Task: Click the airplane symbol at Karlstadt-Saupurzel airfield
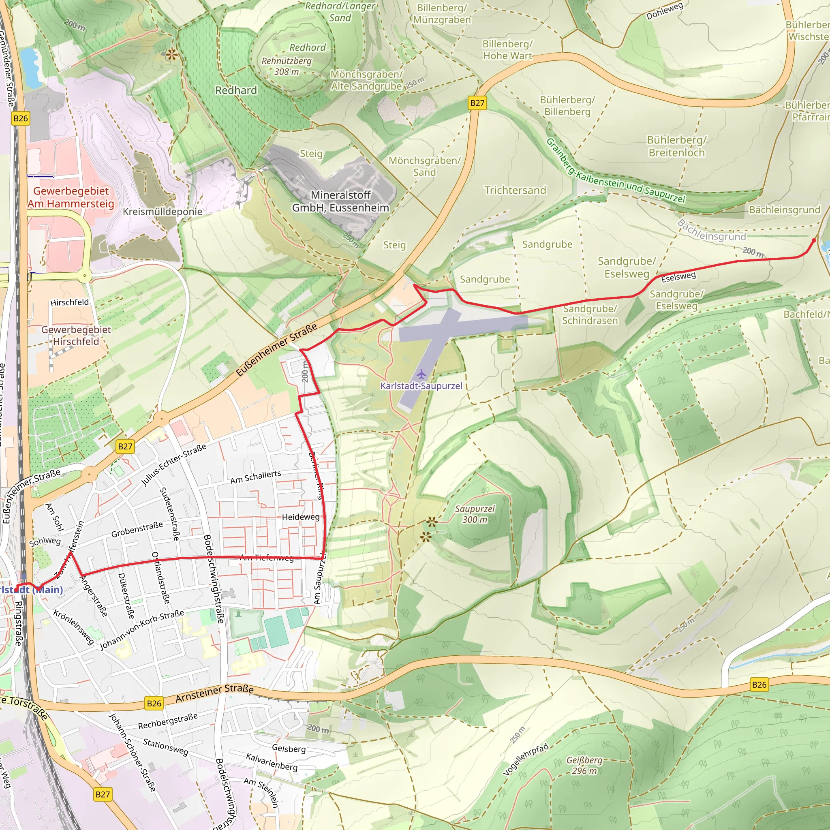point(421,374)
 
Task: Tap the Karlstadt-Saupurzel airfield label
point(421,386)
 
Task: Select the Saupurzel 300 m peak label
point(475,514)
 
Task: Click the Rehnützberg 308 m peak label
point(287,66)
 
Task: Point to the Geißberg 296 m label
point(584,765)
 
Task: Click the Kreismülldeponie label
point(163,212)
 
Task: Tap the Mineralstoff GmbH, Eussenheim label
point(341,201)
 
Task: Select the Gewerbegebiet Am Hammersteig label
point(71,197)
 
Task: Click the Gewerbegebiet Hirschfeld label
point(76,336)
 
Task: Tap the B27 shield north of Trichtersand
point(477,103)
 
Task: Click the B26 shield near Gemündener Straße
point(21,119)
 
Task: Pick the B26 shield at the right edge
point(759,685)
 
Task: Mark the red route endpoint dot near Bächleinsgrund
point(814,241)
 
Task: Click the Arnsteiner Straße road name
point(214,693)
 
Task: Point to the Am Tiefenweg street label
point(266,558)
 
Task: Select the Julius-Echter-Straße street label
point(174,465)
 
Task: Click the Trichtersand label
point(515,190)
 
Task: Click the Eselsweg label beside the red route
point(678,277)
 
